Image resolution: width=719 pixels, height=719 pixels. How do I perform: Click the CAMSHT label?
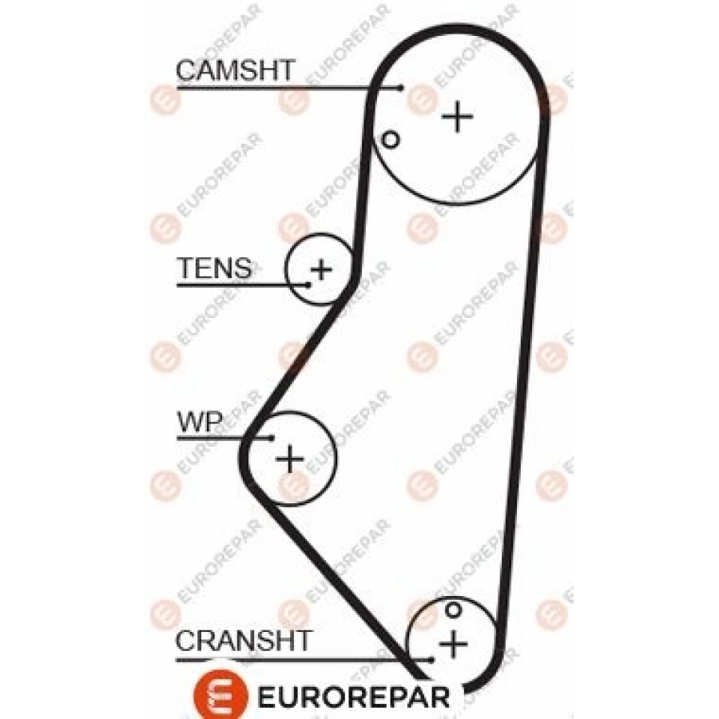235,70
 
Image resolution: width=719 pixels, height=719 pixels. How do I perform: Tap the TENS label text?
215,268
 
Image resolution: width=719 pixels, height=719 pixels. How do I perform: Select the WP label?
200,422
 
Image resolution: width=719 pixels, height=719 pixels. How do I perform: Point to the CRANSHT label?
244,641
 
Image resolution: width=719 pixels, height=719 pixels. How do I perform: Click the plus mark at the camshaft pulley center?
457,117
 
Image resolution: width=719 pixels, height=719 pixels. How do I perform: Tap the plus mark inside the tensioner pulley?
321,269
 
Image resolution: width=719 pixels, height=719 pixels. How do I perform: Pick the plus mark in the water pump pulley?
290,458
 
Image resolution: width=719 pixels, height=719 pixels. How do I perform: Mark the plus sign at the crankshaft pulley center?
453,643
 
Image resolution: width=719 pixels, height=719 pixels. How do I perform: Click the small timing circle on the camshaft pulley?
390,139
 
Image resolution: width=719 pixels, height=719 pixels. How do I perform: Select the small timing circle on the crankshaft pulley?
453,610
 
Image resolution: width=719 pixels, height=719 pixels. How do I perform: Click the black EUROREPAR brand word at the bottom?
354,697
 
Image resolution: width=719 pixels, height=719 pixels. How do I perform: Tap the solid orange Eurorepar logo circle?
221,696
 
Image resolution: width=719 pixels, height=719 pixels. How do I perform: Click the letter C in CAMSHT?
187,70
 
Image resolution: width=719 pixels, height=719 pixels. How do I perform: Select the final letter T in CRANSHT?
302,641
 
